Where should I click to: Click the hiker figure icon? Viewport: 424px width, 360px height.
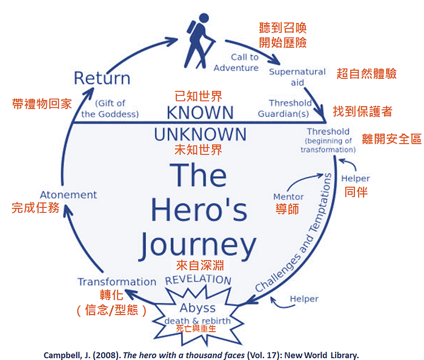pos(199,41)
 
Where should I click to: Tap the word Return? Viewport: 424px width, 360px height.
pos(102,78)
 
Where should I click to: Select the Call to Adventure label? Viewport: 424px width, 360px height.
pos(236,62)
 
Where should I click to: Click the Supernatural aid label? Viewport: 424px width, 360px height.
pos(297,77)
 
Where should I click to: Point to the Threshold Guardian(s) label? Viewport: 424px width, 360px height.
pos(285,108)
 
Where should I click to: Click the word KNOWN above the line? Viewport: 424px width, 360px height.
pos(200,113)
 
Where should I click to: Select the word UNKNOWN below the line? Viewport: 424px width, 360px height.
pos(200,135)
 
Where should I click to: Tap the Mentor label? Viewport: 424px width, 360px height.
pos(288,196)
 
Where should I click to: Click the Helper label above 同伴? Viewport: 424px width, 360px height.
pos(356,179)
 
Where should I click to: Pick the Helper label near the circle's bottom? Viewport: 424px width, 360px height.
pos(304,299)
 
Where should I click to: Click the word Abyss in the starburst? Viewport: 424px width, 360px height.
pos(197,308)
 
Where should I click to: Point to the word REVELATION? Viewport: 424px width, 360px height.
pos(198,279)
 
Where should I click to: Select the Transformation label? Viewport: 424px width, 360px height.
pos(117,282)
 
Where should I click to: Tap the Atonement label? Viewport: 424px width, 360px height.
pos(68,195)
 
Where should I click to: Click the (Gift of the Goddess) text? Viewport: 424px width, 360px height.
pos(110,108)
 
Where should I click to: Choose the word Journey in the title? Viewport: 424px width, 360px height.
pos(197,245)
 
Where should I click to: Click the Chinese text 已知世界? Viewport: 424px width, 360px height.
pos(198,96)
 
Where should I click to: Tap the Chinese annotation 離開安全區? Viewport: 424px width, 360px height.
pos(391,139)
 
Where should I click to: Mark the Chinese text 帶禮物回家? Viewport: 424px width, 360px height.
pos(42,104)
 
